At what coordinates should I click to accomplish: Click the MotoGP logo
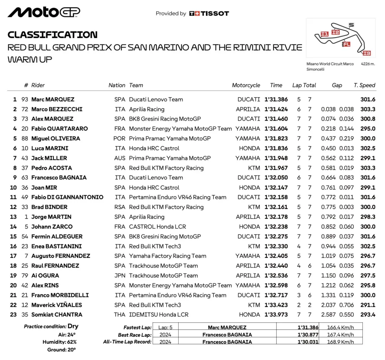[x=44, y=12]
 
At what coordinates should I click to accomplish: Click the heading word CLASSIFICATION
[x=53, y=35]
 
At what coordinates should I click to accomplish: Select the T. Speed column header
[x=364, y=85]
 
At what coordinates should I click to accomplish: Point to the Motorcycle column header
[x=246, y=85]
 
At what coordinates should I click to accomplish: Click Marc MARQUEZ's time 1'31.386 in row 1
[x=276, y=100]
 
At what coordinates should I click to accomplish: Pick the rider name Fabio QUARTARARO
[x=59, y=129]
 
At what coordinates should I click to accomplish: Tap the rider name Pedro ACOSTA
[x=52, y=168]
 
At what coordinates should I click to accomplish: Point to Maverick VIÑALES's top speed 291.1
[x=367, y=305]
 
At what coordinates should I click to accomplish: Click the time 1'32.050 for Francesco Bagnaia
[x=276, y=178]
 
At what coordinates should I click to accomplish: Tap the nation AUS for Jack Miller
[x=120, y=158]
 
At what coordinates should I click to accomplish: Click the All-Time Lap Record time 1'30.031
[x=308, y=342]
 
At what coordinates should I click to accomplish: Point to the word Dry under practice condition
[x=73, y=326]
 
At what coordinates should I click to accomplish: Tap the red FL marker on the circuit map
[x=346, y=44]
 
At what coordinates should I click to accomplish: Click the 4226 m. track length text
[x=368, y=64]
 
